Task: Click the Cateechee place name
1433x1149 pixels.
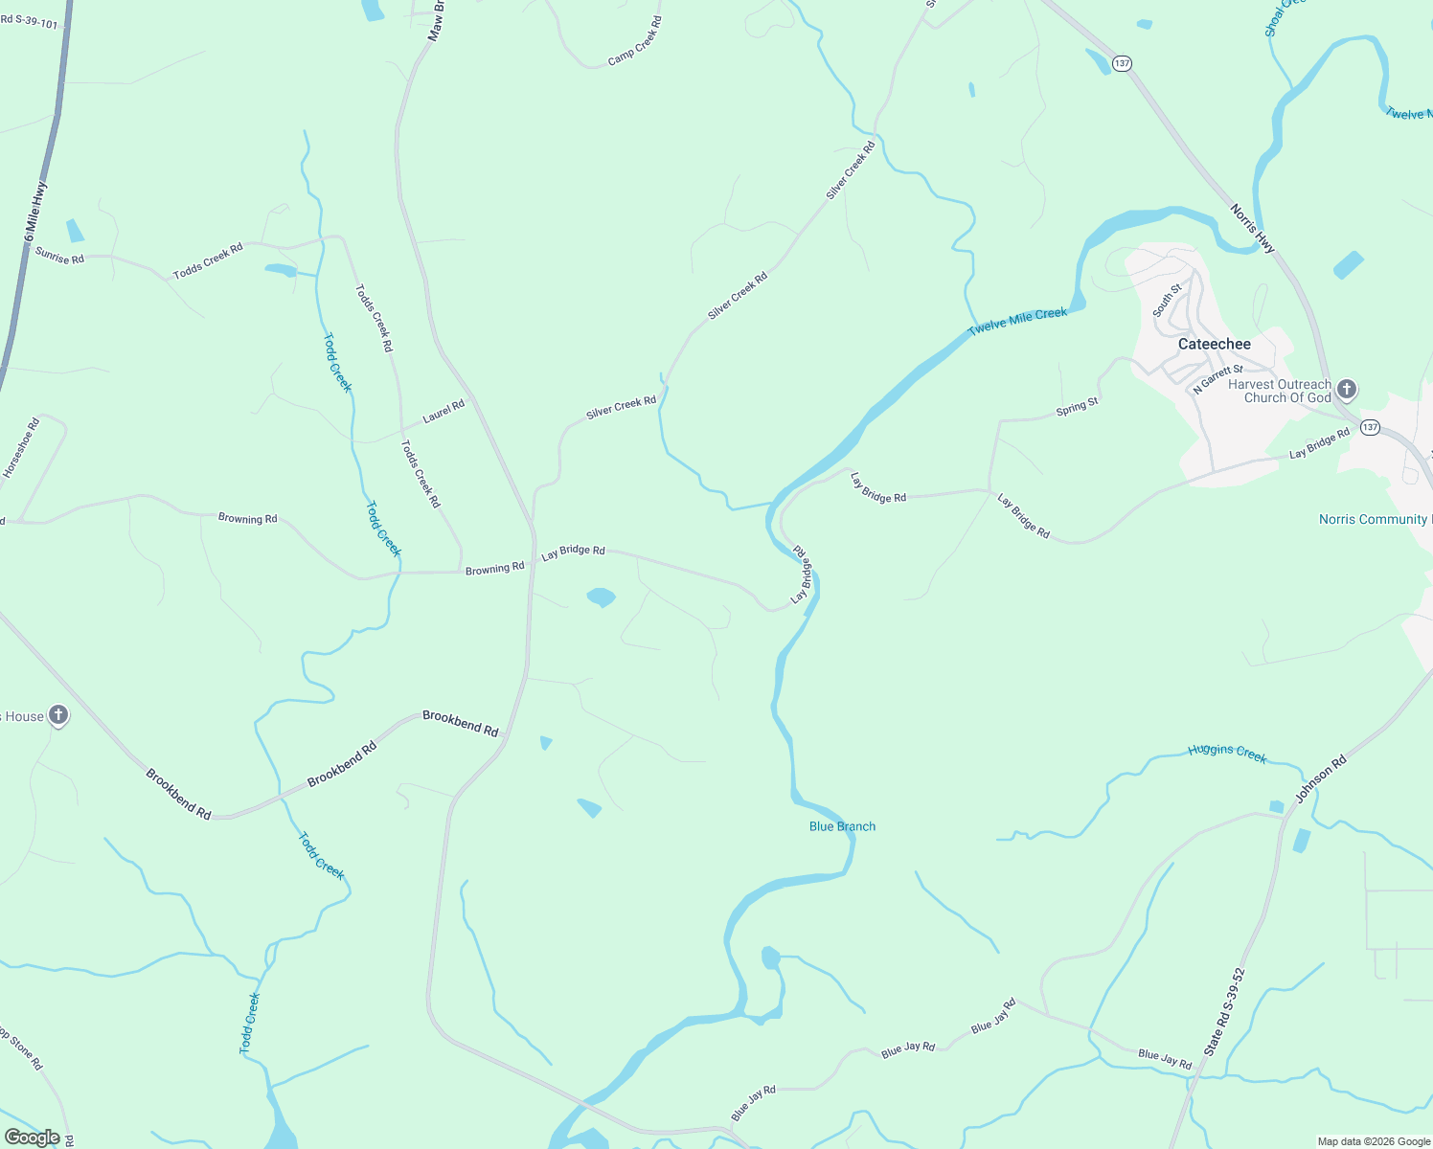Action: [1214, 344]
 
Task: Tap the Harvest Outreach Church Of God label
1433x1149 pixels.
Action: [1279, 391]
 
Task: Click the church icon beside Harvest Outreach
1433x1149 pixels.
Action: [1347, 389]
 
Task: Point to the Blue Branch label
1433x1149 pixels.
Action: [842, 826]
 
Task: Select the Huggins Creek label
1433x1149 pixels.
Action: [1227, 754]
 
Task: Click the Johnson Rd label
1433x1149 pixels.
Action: [1321, 778]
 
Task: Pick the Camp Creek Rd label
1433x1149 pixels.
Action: [634, 42]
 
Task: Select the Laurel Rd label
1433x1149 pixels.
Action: [444, 412]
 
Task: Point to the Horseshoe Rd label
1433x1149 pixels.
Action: [21, 448]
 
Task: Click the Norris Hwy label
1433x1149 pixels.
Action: [1252, 229]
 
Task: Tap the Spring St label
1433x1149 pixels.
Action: [1077, 407]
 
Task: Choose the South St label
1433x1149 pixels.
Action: [1167, 300]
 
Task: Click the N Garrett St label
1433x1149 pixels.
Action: [1217, 378]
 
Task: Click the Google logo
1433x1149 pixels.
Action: [33, 1138]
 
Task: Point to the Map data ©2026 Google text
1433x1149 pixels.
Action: [1374, 1141]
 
